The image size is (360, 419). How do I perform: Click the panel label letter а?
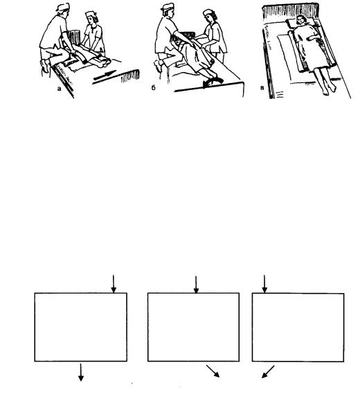[x=59, y=89]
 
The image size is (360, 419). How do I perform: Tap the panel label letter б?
[x=153, y=88]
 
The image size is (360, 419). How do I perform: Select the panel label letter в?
[x=262, y=88]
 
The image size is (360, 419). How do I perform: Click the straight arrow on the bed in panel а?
[x=105, y=75]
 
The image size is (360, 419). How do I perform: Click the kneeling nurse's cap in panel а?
[x=63, y=7]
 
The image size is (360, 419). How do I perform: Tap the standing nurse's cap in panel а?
[x=91, y=14]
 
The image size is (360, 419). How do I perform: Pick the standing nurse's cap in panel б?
[x=208, y=12]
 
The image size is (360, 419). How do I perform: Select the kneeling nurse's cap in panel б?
[x=168, y=6]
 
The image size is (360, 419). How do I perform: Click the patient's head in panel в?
[x=301, y=19]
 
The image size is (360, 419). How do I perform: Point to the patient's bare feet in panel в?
[x=329, y=89]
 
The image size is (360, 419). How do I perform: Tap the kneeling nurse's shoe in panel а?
[x=44, y=66]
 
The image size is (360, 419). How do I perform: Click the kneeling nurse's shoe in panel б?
[x=158, y=66]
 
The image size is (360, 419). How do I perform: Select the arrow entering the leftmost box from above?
[x=114, y=284]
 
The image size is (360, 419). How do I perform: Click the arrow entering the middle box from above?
[x=196, y=285]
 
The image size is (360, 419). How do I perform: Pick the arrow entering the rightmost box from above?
[x=264, y=284]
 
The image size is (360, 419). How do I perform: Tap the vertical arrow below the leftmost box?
[x=81, y=372]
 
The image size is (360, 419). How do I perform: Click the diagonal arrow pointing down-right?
[x=213, y=371]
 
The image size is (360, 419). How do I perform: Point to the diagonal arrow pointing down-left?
[x=268, y=372]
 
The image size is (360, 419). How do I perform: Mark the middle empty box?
[x=193, y=327]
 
